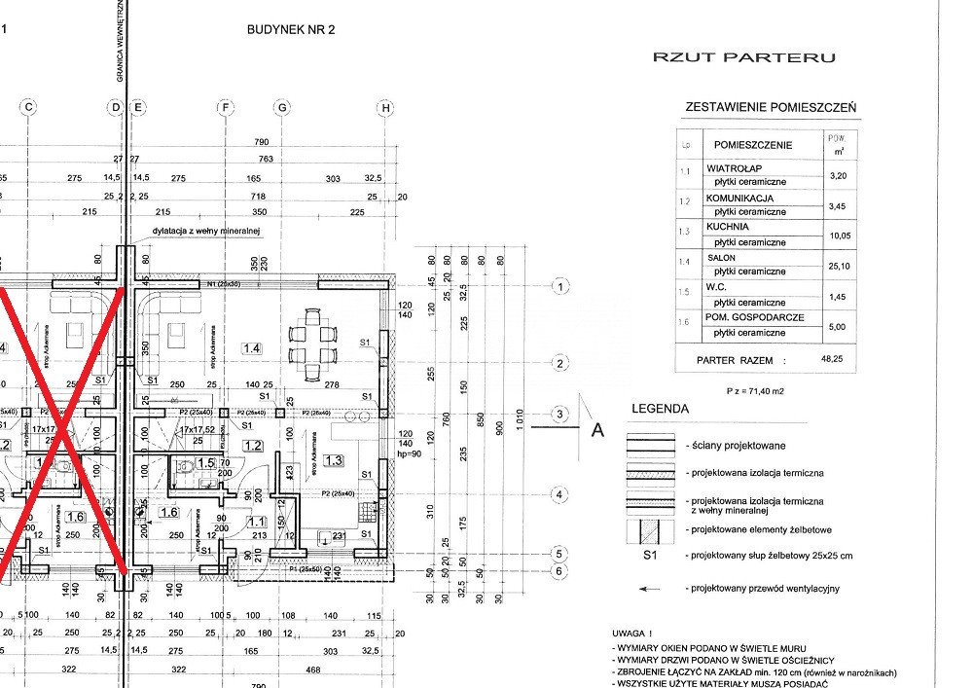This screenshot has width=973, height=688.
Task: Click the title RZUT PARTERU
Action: click(744, 57)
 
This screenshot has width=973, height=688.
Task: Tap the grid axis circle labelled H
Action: click(386, 107)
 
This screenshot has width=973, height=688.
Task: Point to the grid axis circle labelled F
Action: click(226, 107)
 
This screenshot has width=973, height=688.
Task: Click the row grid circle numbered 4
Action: click(559, 495)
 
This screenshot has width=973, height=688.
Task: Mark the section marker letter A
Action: click(597, 430)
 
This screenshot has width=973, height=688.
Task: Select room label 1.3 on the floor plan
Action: click(334, 460)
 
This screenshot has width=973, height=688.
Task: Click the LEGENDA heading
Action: click(661, 410)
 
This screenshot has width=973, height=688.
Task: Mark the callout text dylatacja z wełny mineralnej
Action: click(206, 232)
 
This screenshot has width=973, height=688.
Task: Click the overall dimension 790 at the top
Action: click(261, 142)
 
